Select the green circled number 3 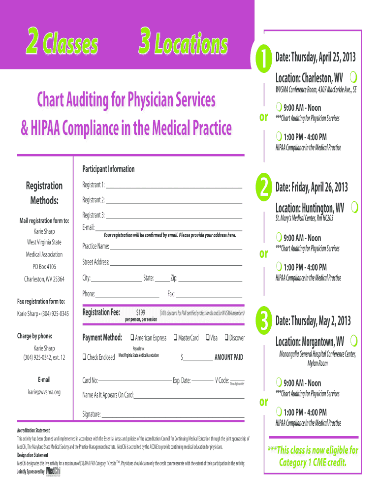point(264,321)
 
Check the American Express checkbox point(132,338)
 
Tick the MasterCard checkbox point(175,338)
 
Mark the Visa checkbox point(207,338)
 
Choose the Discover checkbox point(226,338)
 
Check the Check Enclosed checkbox point(85,357)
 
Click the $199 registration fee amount point(140,312)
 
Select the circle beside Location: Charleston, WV point(354,77)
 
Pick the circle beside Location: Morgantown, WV point(354,341)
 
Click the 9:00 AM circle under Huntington point(279,237)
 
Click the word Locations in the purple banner point(190,45)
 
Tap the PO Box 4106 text point(44,267)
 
